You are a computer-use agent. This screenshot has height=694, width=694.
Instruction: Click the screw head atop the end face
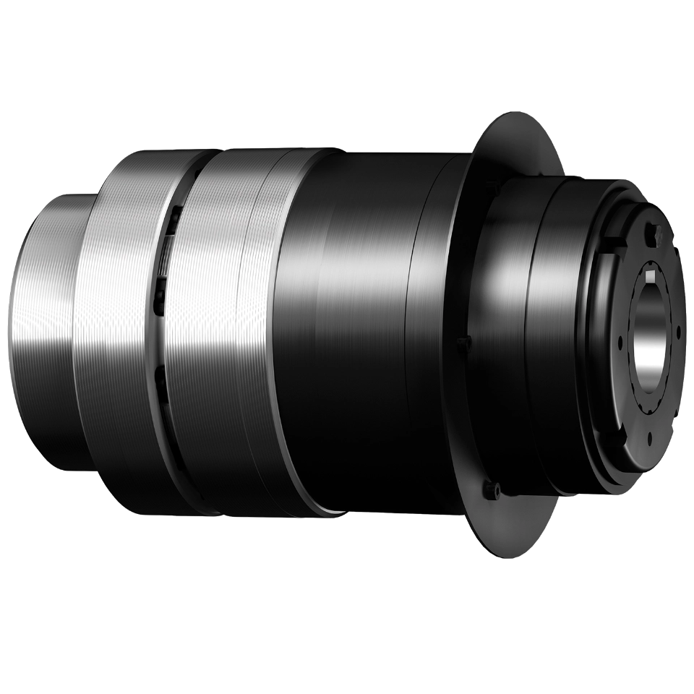click(x=657, y=232)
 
